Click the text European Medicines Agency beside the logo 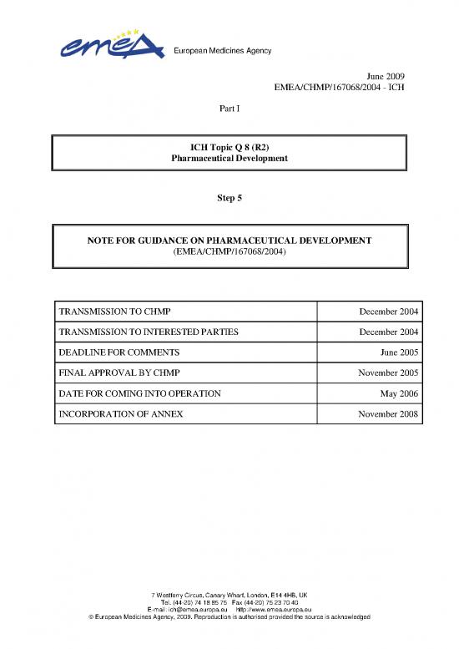(221, 51)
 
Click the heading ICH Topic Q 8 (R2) (229, 146)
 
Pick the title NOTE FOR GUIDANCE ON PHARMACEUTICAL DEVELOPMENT (229, 241)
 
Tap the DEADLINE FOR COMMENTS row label (119, 352)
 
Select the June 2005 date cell (400, 352)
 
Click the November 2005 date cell (388, 373)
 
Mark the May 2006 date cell (401, 393)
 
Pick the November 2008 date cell (388, 413)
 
